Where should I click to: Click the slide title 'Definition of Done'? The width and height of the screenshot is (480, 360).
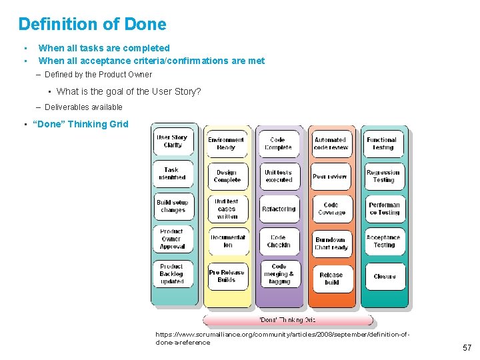coord(92,25)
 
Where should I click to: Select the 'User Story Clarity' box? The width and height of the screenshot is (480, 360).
coord(173,141)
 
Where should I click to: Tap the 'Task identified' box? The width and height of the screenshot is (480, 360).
coord(173,174)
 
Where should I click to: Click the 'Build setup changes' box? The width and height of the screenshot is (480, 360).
coord(173,206)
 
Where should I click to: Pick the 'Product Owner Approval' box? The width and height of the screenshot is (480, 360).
coord(172,239)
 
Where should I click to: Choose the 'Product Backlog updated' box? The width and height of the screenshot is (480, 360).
coord(172,274)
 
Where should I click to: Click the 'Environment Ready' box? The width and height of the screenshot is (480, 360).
coord(226,143)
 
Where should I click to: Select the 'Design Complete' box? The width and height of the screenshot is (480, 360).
coord(227,176)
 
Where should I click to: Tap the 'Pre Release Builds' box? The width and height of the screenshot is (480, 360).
coord(227,276)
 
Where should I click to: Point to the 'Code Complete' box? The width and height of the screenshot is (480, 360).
coord(279,143)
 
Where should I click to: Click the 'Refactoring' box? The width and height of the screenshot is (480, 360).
coord(279,209)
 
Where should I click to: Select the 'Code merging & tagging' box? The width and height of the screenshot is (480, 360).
coord(279,274)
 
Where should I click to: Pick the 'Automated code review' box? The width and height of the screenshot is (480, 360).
coord(331,143)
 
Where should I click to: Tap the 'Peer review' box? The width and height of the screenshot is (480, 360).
coord(331,177)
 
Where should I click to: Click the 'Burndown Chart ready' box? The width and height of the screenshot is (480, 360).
coord(331,243)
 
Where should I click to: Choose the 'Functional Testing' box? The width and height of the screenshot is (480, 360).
coord(383,143)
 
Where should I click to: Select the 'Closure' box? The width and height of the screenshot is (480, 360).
coord(385,276)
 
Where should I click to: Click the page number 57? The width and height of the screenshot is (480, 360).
coord(467,348)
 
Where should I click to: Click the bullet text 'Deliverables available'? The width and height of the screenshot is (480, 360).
coord(83,107)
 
